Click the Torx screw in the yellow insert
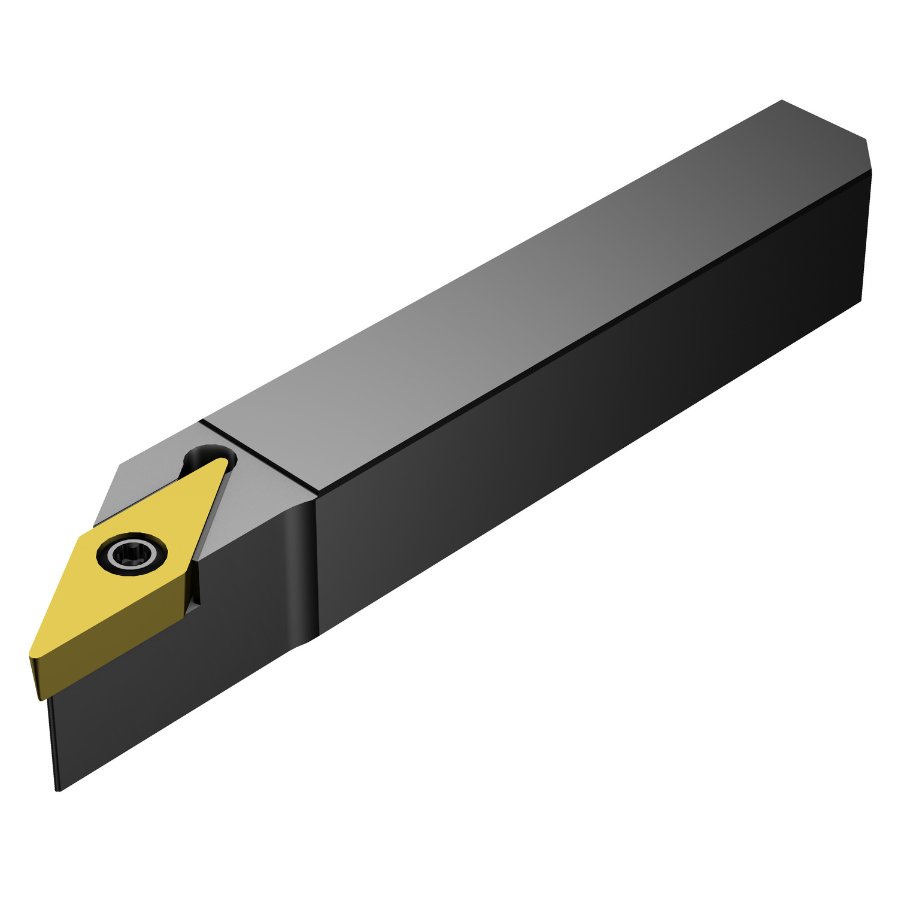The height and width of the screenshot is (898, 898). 131,554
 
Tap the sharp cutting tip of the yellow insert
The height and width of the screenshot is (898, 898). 31,657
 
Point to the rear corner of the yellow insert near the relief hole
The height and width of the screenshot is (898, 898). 227,461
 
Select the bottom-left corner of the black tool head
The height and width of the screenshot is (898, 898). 58,789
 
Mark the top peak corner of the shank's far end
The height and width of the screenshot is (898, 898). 782,101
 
